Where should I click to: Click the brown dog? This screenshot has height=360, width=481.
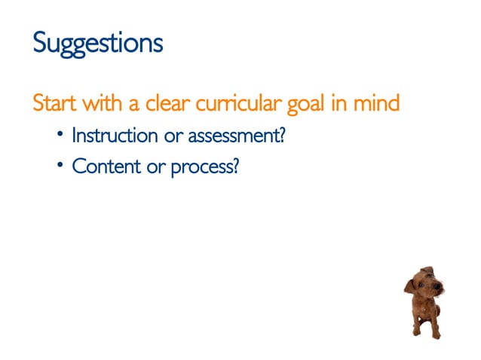[424, 301]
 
